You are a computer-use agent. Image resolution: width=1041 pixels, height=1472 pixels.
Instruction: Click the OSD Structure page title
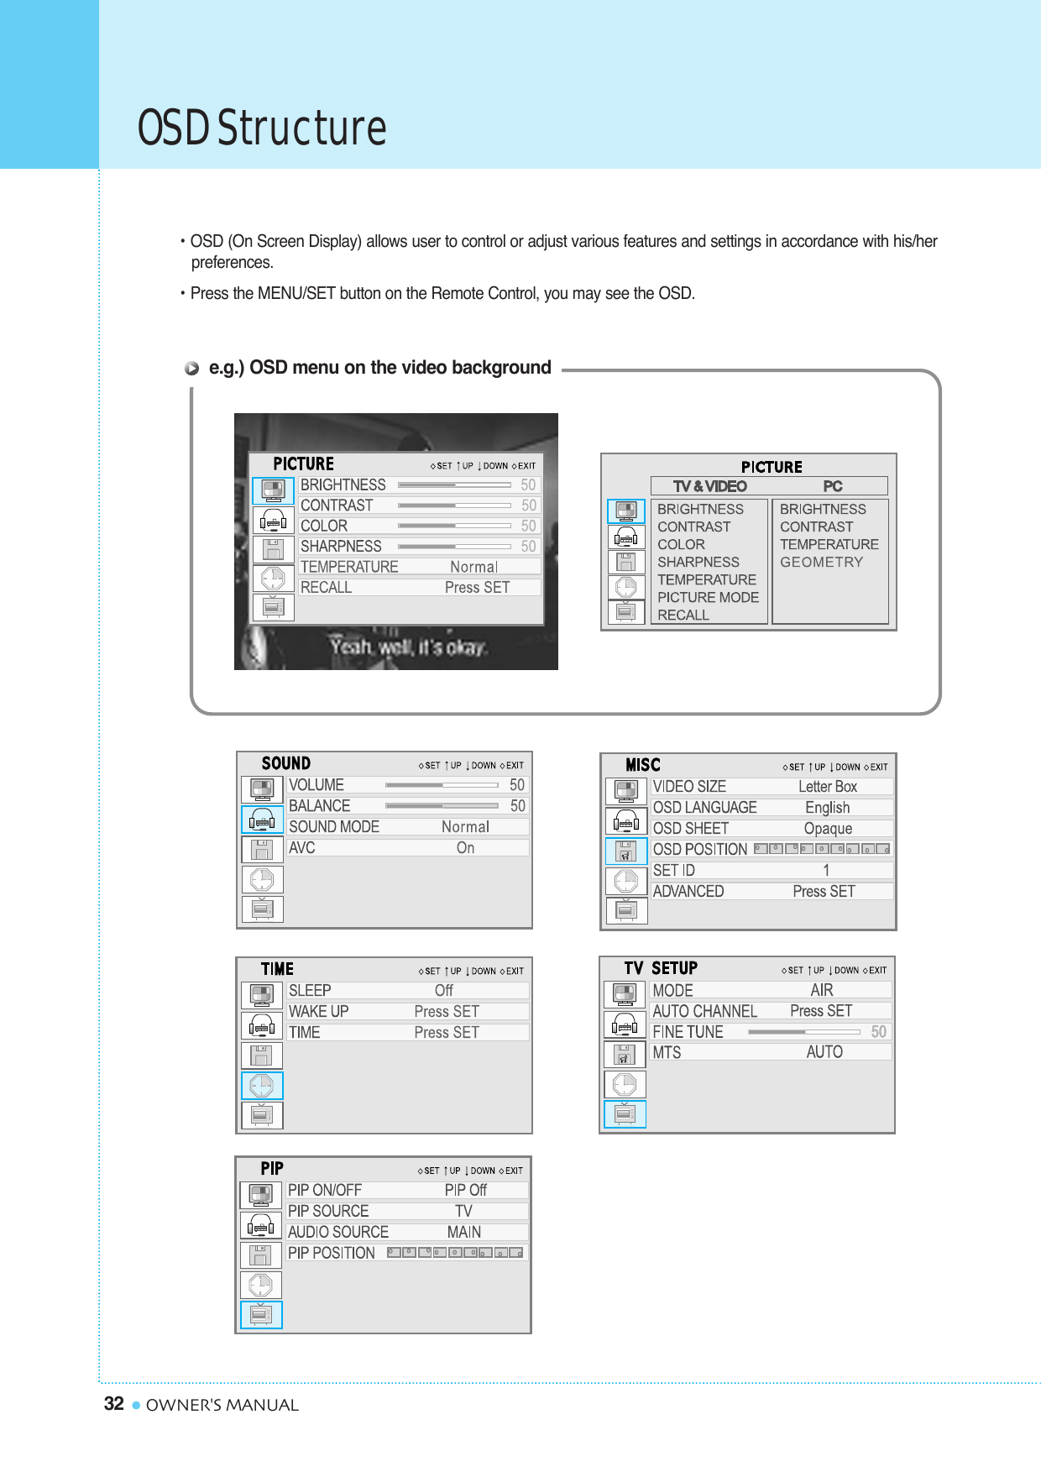click(262, 128)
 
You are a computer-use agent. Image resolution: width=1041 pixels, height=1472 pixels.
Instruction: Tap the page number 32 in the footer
click(113, 1404)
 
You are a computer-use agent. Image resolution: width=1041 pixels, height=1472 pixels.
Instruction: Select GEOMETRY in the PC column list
click(821, 562)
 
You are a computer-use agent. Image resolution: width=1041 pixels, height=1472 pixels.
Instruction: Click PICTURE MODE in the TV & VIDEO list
click(708, 597)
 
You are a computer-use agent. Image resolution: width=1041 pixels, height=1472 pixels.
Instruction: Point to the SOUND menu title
click(285, 763)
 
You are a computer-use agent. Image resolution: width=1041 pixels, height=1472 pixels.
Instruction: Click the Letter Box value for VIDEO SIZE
click(827, 787)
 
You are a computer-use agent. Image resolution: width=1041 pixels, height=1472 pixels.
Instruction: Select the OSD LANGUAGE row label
click(704, 808)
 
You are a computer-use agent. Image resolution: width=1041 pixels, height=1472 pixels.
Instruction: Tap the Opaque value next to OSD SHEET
click(828, 829)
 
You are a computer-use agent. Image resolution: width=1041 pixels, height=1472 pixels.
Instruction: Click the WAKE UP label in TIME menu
click(318, 1012)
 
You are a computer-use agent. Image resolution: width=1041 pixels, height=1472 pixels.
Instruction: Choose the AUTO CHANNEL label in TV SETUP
click(704, 1011)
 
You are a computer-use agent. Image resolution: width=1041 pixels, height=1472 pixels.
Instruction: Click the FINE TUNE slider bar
click(803, 1032)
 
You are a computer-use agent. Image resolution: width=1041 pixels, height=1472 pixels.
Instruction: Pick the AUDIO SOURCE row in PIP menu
click(337, 1232)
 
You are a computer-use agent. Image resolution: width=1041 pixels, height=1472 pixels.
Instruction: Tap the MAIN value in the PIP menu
click(463, 1232)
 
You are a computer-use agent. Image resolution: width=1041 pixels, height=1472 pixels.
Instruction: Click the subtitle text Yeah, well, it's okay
click(408, 647)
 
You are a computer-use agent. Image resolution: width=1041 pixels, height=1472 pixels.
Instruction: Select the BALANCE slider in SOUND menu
click(441, 806)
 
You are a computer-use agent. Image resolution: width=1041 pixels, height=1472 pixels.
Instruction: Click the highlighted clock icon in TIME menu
click(262, 1086)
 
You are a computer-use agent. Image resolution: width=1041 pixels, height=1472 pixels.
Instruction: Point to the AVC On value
click(465, 848)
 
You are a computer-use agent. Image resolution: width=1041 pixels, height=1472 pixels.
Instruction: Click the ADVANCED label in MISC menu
click(688, 892)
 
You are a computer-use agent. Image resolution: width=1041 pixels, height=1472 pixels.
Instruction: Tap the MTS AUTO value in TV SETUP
click(824, 1052)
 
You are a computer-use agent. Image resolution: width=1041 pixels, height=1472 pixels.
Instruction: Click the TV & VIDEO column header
click(709, 486)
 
